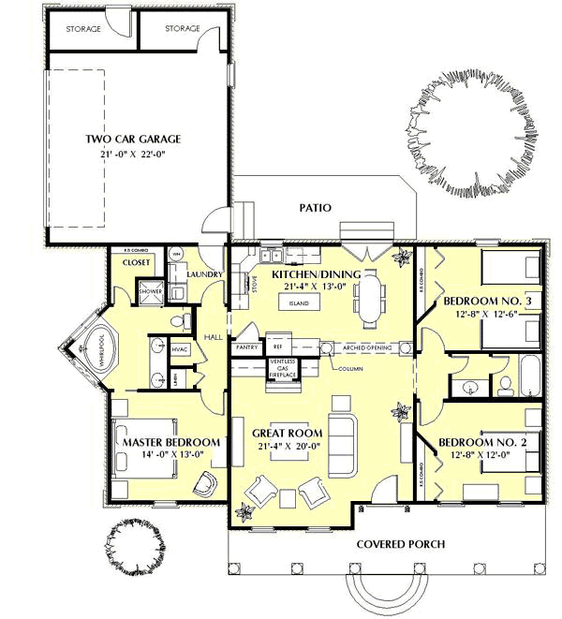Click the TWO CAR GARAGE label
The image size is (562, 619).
(x=133, y=139)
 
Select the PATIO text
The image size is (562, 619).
(x=315, y=208)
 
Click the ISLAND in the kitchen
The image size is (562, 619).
(x=299, y=304)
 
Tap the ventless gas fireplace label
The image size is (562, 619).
(x=284, y=368)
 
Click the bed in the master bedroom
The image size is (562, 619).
(x=140, y=459)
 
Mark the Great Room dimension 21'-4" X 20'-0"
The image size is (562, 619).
(x=288, y=447)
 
